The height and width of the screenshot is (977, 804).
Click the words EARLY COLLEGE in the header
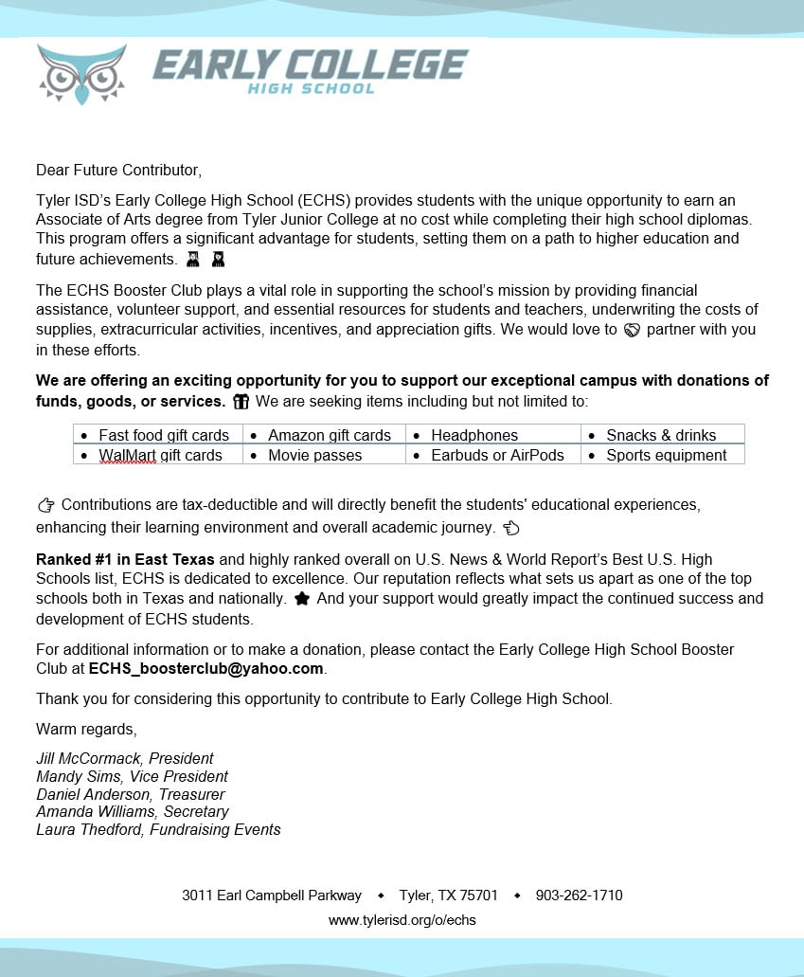point(310,64)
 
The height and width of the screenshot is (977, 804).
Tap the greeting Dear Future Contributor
point(119,171)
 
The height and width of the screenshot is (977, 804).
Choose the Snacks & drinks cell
point(661,435)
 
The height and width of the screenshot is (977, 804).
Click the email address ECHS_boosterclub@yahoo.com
point(206,668)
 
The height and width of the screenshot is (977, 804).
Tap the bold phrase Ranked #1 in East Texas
point(125,559)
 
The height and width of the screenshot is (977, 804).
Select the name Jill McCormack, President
point(124,758)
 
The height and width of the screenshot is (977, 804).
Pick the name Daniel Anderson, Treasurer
point(130,794)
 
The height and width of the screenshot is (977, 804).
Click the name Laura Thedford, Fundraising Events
point(158,829)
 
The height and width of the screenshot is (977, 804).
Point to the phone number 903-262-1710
point(579,896)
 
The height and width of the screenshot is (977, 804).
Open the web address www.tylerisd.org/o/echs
point(402,920)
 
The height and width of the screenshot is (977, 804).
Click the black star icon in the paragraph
point(302,599)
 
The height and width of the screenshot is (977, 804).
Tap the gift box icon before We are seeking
point(241,402)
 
